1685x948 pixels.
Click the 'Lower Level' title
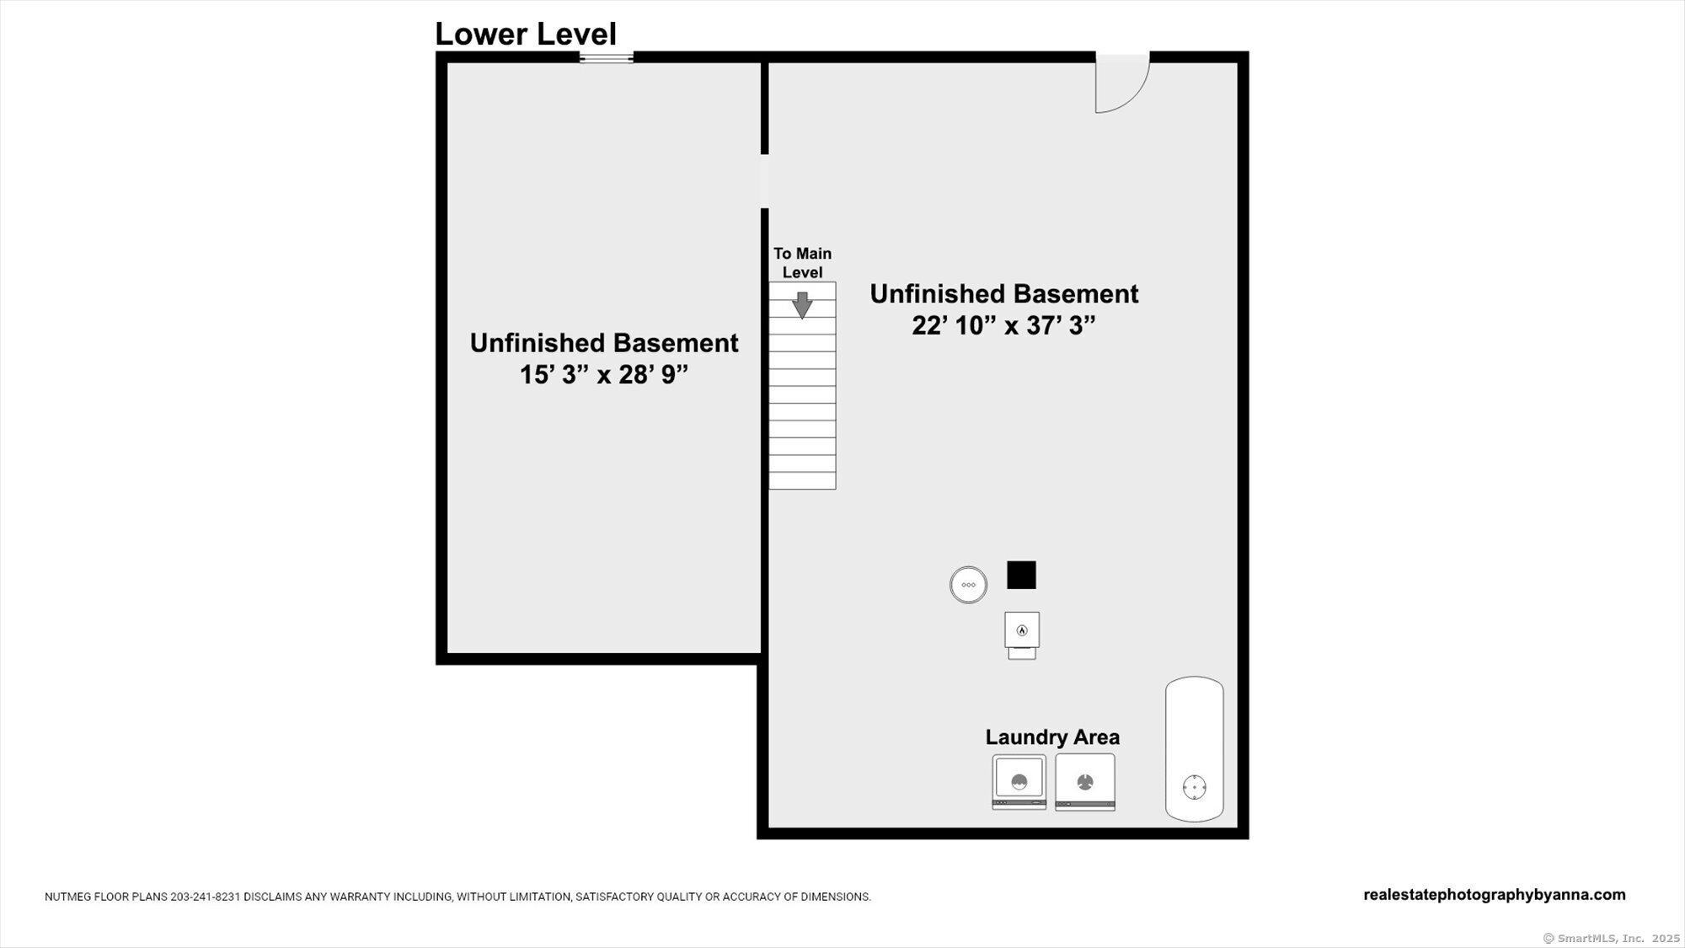pos(526,35)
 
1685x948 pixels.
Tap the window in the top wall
pos(607,58)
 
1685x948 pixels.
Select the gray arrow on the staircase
pos(802,304)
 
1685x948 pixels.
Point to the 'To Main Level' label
pos(802,263)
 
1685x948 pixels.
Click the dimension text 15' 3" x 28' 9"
pos(604,374)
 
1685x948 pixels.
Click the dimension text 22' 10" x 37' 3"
pos(1003,325)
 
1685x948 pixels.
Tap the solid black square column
pos(1021,575)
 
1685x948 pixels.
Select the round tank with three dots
pos(968,585)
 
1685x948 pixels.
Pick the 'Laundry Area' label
pos(1052,737)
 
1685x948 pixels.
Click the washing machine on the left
pos(1019,782)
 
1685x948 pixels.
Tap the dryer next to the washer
pos(1085,782)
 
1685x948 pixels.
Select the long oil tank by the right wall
pos(1194,749)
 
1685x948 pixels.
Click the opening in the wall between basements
pos(765,181)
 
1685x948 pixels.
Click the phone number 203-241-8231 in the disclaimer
pos(206,897)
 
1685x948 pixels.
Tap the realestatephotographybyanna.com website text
pos(1495,895)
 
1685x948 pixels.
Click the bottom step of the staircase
pos(802,480)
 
